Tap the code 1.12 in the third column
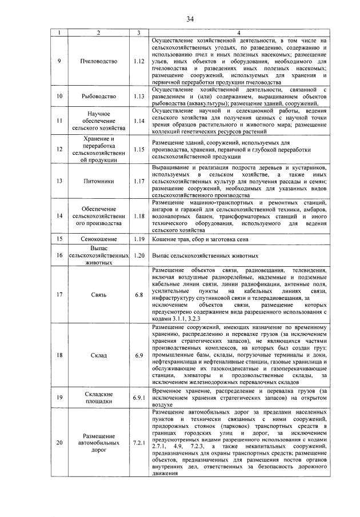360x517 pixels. (x=138, y=61)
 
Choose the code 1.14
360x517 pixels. (x=138, y=121)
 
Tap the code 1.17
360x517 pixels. (x=138, y=181)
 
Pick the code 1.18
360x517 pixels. (x=138, y=217)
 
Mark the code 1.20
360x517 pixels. (x=138, y=255)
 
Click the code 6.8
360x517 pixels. (x=138, y=295)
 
